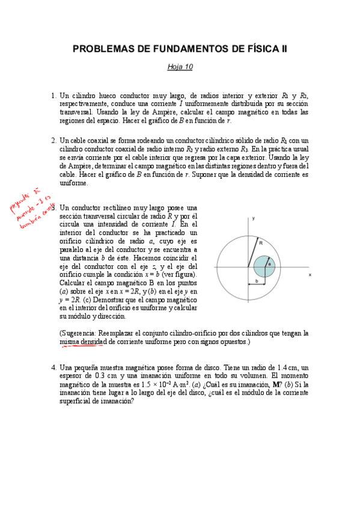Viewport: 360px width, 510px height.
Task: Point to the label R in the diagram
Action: point(260,242)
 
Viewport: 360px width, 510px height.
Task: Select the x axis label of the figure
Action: point(310,275)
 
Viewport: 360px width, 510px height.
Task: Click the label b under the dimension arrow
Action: point(257,280)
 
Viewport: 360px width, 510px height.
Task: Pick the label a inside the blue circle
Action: point(269,263)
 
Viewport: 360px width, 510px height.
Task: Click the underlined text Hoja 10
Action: point(180,67)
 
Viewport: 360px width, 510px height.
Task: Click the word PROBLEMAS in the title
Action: point(102,49)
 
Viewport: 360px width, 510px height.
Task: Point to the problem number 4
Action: point(53,367)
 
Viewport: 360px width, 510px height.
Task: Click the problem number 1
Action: point(53,96)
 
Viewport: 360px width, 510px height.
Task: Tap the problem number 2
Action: point(53,141)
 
